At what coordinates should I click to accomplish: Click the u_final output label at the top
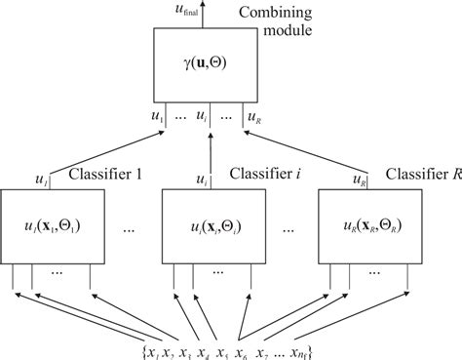189,11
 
